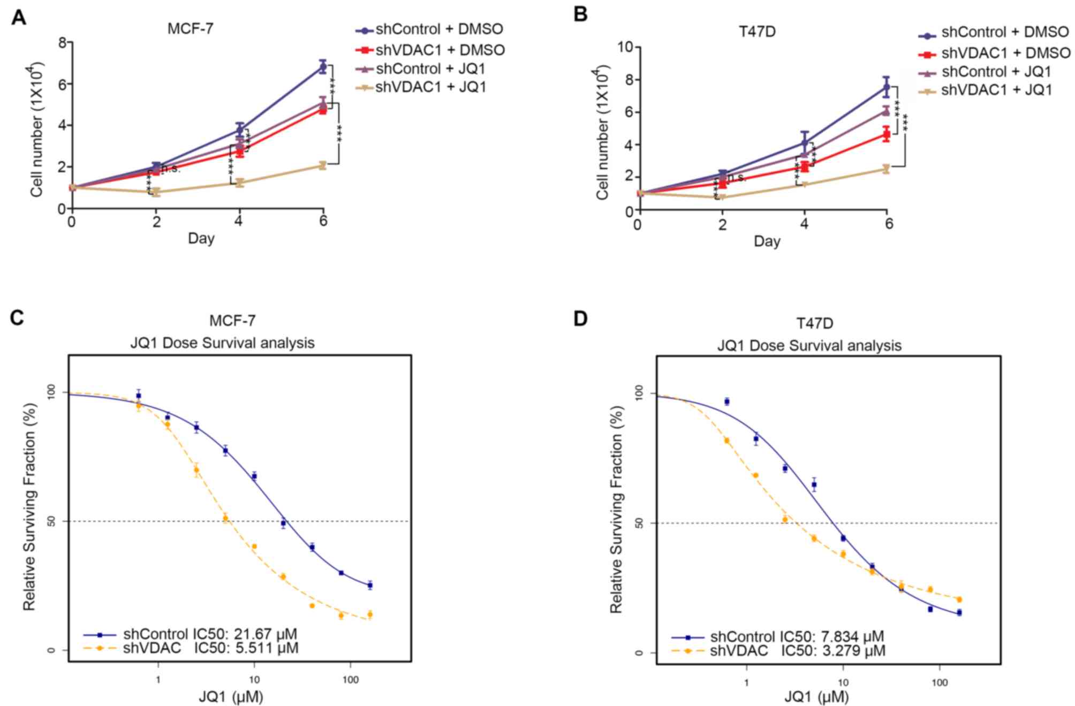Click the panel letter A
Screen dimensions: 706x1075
pos(19,17)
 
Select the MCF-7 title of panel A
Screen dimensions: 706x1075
pos(190,28)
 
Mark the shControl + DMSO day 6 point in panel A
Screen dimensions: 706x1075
pos(323,67)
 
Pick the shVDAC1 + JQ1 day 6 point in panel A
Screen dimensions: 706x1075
pos(322,165)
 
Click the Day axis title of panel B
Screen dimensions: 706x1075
pos(767,241)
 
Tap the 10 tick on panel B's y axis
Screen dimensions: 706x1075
pos(625,47)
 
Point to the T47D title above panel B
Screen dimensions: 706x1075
pos(757,32)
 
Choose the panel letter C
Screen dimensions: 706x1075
pos(17,318)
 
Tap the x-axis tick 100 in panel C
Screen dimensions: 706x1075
pos(351,680)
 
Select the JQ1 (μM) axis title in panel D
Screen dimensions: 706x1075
pos(816,697)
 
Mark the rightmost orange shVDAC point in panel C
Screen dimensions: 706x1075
pos(370,614)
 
